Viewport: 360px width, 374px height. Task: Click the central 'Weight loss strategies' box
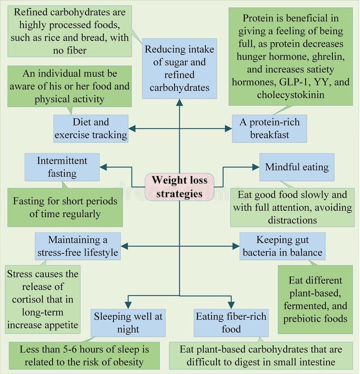pos(179,187)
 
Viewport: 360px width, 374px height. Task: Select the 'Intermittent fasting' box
pos(62,167)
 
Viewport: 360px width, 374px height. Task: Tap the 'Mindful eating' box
pos(297,167)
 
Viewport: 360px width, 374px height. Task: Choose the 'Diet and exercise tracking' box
pos(91,129)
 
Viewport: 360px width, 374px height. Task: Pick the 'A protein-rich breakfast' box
pos(269,129)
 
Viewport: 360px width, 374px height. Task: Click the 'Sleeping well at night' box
pos(128,323)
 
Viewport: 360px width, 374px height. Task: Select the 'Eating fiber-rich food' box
pos(231,323)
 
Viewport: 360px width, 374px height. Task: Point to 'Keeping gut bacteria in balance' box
pos(282,246)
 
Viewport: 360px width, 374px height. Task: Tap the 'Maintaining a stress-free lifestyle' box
pos(78,246)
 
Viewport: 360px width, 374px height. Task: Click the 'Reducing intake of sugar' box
pos(179,68)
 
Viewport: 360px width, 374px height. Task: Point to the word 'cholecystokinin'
pos(290,94)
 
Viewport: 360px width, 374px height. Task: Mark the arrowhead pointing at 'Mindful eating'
pos(256,167)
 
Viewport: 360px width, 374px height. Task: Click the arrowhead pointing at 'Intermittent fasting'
pos(103,167)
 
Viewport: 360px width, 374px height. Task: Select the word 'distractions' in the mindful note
pos(292,220)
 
